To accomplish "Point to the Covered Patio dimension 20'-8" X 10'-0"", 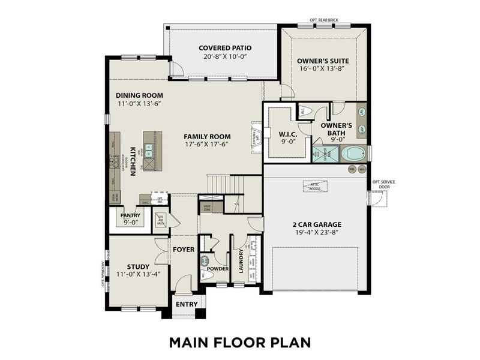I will coord(225,56).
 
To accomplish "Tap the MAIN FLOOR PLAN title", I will coord(239,342).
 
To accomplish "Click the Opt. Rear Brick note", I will coord(324,20).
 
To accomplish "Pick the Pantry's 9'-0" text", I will coord(130,223).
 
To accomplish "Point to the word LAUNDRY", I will coord(241,262).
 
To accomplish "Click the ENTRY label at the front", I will coord(187,304).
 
